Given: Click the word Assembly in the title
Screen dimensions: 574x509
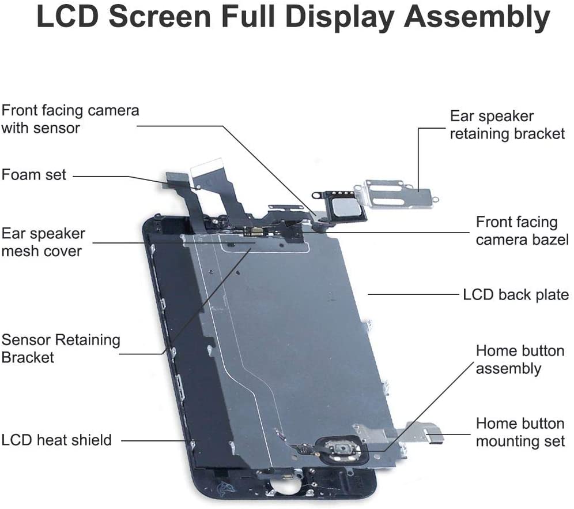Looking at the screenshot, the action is pyautogui.click(x=477, y=17).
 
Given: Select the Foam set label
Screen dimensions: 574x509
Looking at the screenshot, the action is pyautogui.click(x=33, y=174).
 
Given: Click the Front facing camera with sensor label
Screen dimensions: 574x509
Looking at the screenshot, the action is pyautogui.click(x=70, y=119).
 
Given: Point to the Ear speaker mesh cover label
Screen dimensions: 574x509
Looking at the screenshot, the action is pyautogui.click(x=43, y=242).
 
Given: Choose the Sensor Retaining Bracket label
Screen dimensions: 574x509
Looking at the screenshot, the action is pyautogui.click(x=61, y=349).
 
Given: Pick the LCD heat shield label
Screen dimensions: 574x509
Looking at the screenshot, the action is pyautogui.click(x=56, y=440).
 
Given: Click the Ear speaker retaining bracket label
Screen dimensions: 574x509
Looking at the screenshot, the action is pyautogui.click(x=507, y=125).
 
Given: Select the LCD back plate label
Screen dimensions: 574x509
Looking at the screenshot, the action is pyautogui.click(x=516, y=294).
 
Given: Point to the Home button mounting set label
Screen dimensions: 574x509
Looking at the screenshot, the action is pyautogui.click(x=520, y=432).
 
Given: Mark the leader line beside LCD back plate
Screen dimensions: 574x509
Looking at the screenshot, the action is pyautogui.click(x=413, y=294).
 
